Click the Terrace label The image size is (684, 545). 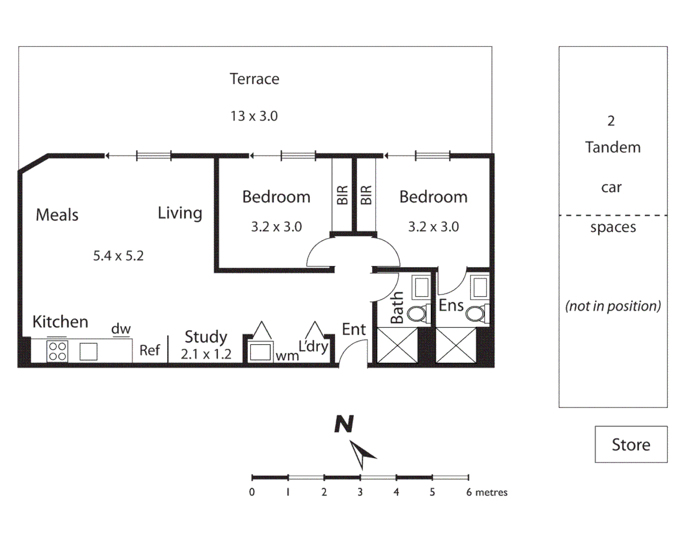(x=254, y=79)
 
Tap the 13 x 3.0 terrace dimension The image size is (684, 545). (x=254, y=116)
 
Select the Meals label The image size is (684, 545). (x=57, y=215)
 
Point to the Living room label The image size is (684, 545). (x=180, y=213)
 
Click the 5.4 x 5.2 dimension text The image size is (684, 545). (x=118, y=256)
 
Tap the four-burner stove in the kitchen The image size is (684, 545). (x=58, y=351)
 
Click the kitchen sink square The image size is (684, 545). (x=88, y=351)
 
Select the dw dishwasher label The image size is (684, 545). (x=121, y=329)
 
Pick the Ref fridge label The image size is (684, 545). (x=149, y=350)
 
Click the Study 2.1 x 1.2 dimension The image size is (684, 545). (x=206, y=354)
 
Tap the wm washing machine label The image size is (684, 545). (x=287, y=356)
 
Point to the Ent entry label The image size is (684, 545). (x=353, y=330)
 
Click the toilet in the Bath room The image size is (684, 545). (x=417, y=313)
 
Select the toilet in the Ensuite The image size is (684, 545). (x=476, y=313)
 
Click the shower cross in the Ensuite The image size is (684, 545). (x=456, y=345)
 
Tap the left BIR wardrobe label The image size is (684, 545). (x=342, y=195)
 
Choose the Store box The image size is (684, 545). (x=631, y=445)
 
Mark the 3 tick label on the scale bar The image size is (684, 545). (x=360, y=492)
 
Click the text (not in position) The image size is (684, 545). (x=613, y=306)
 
